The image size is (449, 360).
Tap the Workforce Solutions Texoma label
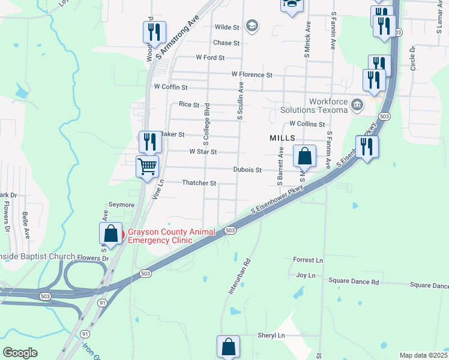(x=314, y=106)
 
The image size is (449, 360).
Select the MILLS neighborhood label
(x=282, y=138)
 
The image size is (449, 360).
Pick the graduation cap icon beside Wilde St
(x=252, y=26)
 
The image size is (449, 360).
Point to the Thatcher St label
(x=199, y=182)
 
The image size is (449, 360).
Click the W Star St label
(x=202, y=152)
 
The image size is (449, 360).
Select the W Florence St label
(x=252, y=74)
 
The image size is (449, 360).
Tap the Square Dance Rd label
(x=354, y=281)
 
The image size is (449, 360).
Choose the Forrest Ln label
(x=307, y=260)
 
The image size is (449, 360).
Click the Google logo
(x=20, y=353)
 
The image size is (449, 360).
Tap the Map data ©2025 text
(x=423, y=355)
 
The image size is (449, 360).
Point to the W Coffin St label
(x=171, y=87)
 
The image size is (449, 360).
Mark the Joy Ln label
(x=306, y=275)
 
